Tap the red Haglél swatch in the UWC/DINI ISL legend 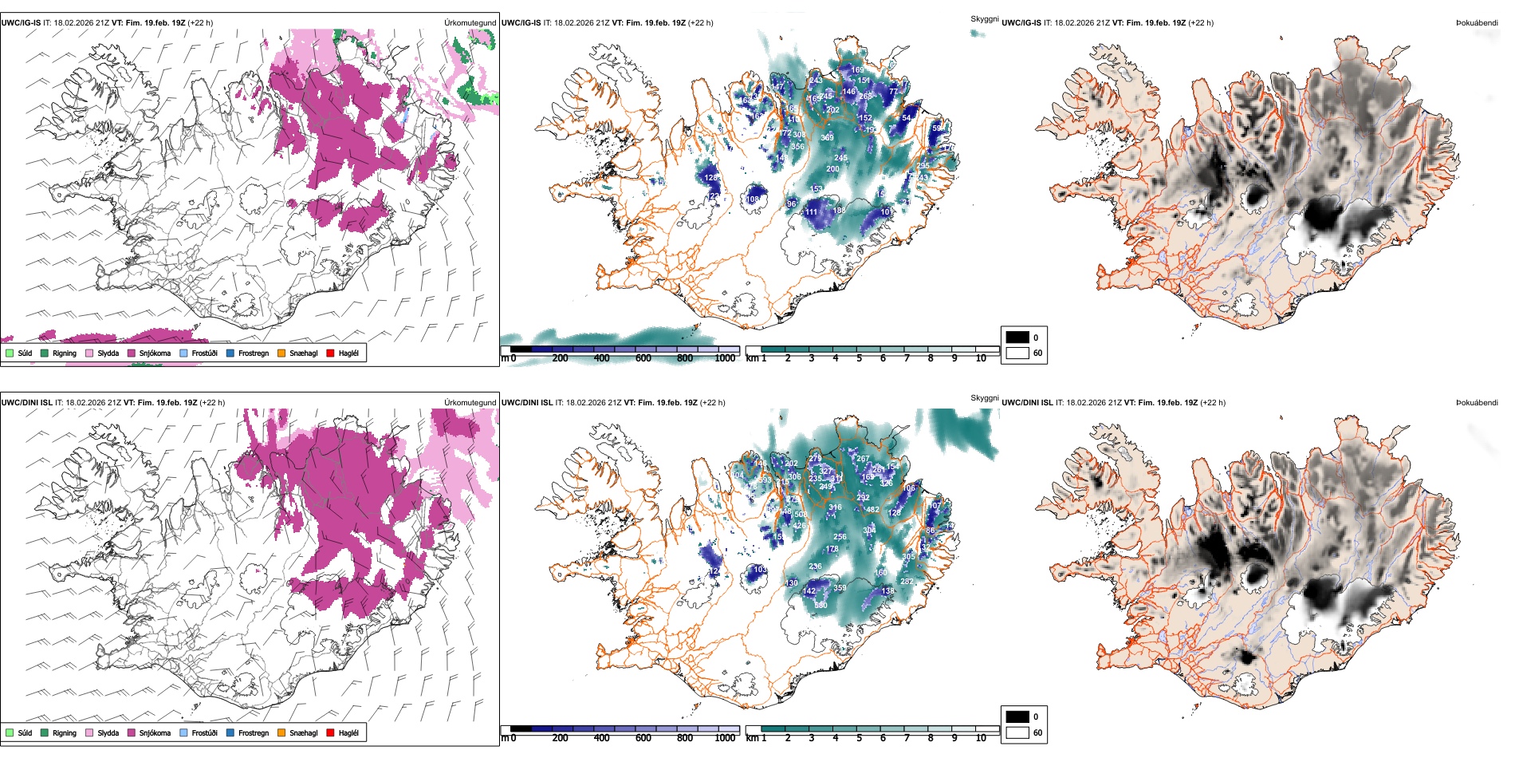tap(330, 732)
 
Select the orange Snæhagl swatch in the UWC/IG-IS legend tap(281, 353)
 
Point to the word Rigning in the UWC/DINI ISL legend tap(65, 733)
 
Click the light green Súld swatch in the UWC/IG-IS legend tap(10, 353)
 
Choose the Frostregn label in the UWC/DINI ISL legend tap(254, 733)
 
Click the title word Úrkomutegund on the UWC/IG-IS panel tap(470, 23)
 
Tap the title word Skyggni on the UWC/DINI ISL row tap(984, 397)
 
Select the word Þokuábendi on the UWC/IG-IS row tap(1477, 23)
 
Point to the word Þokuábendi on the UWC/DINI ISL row tap(1477, 403)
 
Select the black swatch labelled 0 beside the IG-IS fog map tap(1017, 338)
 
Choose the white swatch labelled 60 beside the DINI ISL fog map tap(1017, 732)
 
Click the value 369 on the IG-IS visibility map tap(827, 138)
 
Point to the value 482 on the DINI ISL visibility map tap(872, 510)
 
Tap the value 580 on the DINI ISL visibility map tap(820, 606)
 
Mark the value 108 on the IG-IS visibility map tap(753, 199)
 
